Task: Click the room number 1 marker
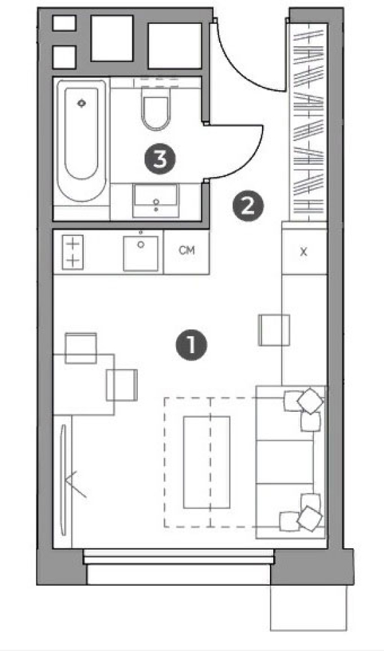click(x=191, y=345)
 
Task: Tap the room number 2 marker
click(x=247, y=206)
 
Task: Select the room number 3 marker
click(x=160, y=158)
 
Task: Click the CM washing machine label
click(x=187, y=250)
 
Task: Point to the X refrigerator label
click(x=304, y=252)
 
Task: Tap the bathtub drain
click(x=81, y=103)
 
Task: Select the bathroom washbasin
click(x=156, y=200)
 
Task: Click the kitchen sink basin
click(x=141, y=253)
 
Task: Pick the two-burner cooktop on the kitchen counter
click(x=73, y=251)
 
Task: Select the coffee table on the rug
click(x=207, y=462)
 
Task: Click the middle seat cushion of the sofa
click(x=284, y=462)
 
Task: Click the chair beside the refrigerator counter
click(x=274, y=330)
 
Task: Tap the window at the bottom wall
click(x=179, y=557)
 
